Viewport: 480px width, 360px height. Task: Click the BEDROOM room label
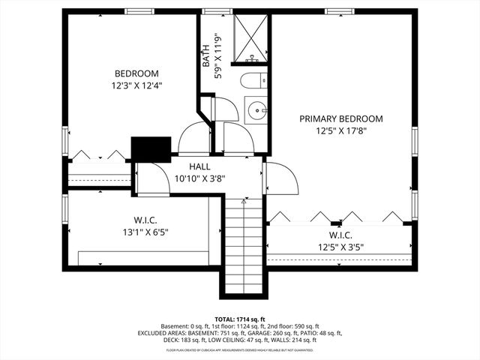coord(136,73)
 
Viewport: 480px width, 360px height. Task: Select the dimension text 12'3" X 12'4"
coord(136,85)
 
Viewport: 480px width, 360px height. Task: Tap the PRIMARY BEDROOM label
coord(341,118)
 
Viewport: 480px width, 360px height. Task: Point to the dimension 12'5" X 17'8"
coord(341,130)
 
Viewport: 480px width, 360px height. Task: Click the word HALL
coord(199,166)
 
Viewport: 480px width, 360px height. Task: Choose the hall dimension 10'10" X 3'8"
coord(199,178)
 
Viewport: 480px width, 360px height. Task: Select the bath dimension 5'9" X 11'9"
coord(218,56)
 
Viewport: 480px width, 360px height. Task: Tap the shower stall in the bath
coord(250,37)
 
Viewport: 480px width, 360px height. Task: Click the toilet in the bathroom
coord(251,81)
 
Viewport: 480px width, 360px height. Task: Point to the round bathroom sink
coord(259,110)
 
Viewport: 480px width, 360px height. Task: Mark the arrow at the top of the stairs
coord(244,200)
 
